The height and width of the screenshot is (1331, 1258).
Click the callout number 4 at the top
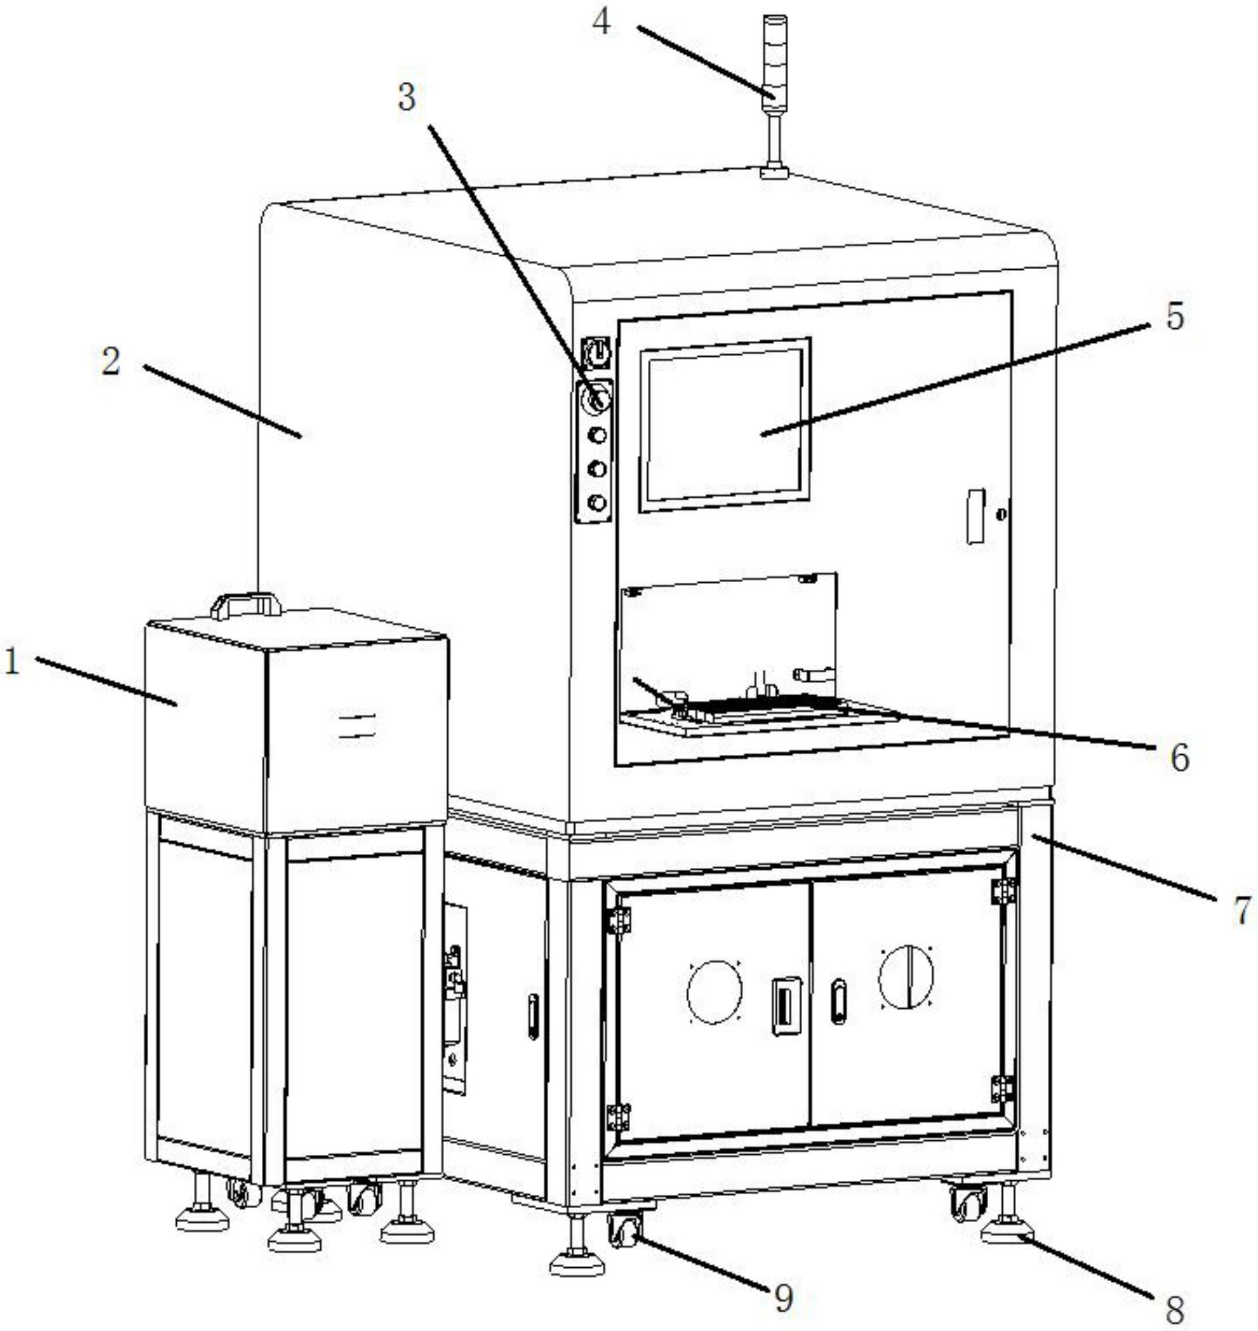[x=601, y=23]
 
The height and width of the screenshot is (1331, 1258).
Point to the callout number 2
[x=110, y=362]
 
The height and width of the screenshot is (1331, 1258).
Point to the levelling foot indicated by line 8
[x=1007, y=1213]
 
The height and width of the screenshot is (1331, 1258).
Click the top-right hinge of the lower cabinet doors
[x=1003, y=890]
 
